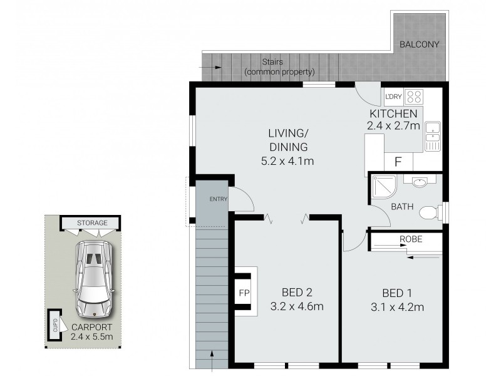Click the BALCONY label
coord(420,44)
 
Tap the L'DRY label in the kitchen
coord(393,97)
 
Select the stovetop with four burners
coord(413,97)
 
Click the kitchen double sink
coord(433,136)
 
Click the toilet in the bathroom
coord(429,213)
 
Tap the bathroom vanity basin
coord(420,182)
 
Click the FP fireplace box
coord(244,292)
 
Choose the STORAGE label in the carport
coord(92,222)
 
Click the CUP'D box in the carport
coord(55,324)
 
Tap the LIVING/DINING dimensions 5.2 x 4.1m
coord(287,162)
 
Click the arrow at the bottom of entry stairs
coord(211,363)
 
